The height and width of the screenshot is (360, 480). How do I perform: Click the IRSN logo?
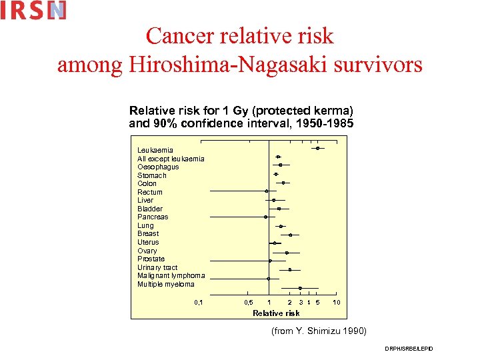point(33,10)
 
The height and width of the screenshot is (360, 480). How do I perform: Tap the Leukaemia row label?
point(155,150)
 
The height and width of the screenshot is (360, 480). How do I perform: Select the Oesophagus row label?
point(158,167)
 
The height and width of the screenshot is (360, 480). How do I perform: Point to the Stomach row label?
point(152,175)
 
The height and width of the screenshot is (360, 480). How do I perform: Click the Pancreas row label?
point(153,217)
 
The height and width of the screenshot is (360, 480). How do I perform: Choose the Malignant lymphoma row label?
point(171,275)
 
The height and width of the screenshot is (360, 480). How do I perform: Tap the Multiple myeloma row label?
point(166,284)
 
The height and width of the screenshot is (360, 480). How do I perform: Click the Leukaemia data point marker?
point(318,148)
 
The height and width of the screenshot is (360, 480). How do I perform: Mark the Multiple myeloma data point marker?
point(300,288)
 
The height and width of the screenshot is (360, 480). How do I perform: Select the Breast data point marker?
point(290,235)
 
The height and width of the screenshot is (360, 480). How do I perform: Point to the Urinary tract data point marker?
point(290,269)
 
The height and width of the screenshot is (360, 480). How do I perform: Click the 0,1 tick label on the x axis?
point(198,303)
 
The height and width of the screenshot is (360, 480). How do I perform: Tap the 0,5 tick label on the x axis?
point(248,303)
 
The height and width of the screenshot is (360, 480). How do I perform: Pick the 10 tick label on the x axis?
point(337,303)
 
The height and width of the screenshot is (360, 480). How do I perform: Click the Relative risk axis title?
point(276,313)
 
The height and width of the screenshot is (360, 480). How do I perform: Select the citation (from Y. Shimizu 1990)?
point(319,331)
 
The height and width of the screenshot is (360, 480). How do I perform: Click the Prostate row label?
point(151,259)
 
